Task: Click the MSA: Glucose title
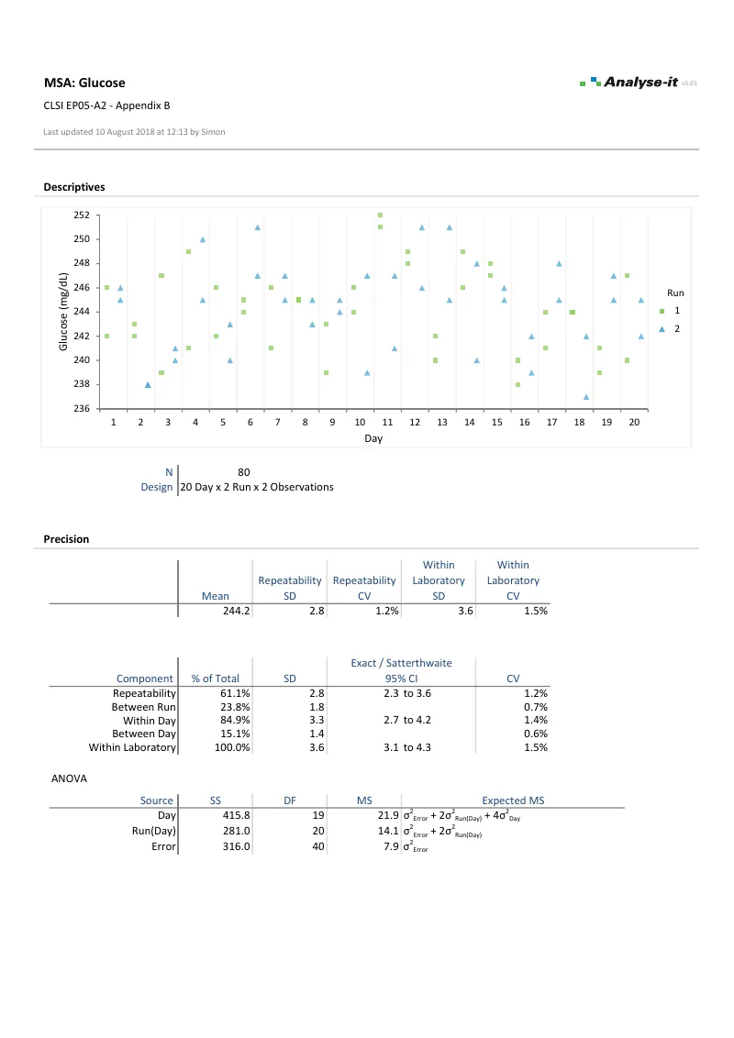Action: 84,83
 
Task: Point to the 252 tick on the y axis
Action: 83,215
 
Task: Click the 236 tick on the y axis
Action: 83,409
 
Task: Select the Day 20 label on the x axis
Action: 633,424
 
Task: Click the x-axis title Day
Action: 373,439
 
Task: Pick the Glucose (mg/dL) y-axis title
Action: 64,312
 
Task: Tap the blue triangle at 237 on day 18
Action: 586,397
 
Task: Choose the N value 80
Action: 243,472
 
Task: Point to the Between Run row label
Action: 143,708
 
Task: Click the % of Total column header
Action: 215,679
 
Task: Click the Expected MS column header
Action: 513,801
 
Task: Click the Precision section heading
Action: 66,539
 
